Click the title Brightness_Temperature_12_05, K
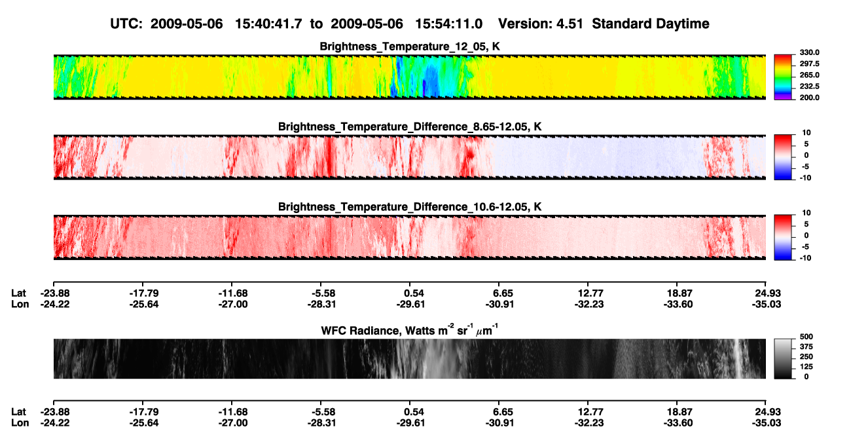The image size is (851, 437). pyautogui.click(x=410, y=47)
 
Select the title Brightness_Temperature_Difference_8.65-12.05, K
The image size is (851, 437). pyautogui.click(x=410, y=126)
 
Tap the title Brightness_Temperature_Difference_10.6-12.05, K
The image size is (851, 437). pyautogui.click(x=410, y=207)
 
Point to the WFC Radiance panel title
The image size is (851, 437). pyautogui.click(x=410, y=330)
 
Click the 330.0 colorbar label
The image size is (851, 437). pyautogui.click(x=809, y=52)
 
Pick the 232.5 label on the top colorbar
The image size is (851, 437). pyautogui.click(x=809, y=86)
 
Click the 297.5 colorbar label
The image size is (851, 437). pyautogui.click(x=809, y=64)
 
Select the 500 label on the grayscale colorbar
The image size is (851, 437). pyautogui.click(x=806, y=337)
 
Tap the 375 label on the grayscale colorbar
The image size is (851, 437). pyautogui.click(x=806, y=347)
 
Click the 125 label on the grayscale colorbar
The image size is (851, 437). pyautogui.click(x=806, y=367)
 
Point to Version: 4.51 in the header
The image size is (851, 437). pyautogui.click(x=540, y=24)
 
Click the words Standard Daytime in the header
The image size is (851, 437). pyautogui.click(x=651, y=24)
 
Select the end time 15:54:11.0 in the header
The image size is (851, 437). pyautogui.click(x=448, y=24)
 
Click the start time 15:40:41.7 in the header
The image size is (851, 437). pyautogui.click(x=268, y=24)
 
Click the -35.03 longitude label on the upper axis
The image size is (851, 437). pyautogui.click(x=767, y=304)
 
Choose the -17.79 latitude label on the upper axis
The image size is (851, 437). pyautogui.click(x=144, y=294)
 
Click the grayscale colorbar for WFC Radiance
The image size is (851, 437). pyautogui.click(x=783, y=358)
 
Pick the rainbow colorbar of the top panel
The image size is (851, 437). pyautogui.click(x=783, y=77)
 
